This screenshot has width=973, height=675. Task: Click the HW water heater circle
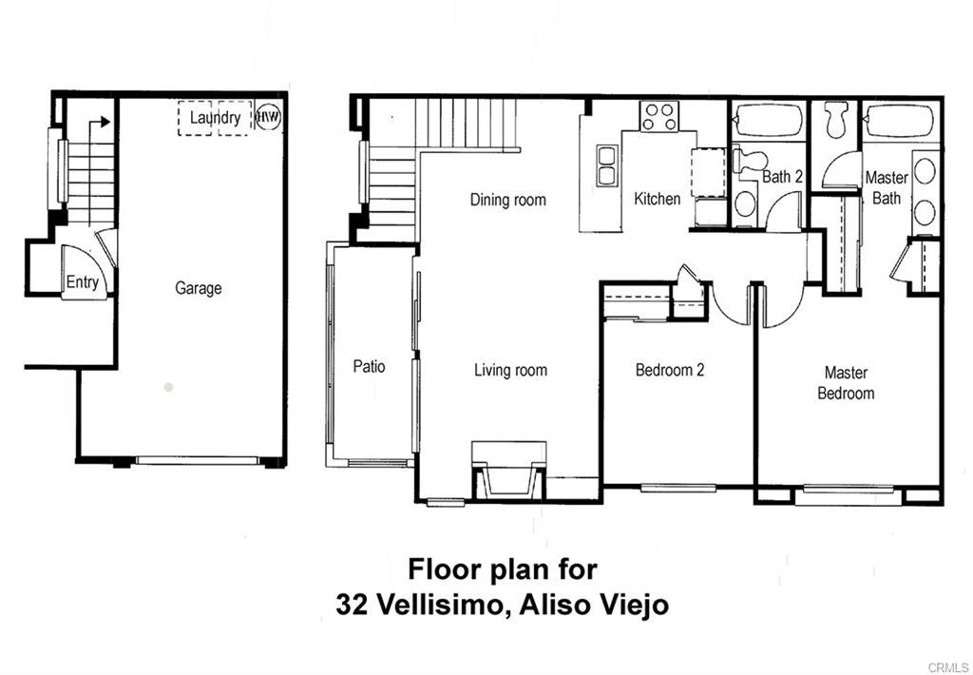point(269,118)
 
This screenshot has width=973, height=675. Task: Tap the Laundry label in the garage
point(215,118)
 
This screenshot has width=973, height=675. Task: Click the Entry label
point(82,282)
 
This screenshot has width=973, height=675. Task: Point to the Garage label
point(198,288)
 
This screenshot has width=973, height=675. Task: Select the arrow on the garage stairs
point(100,123)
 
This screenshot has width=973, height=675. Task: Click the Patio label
point(369,366)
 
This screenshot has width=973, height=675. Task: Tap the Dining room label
point(508,200)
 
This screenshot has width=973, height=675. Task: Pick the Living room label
point(510,370)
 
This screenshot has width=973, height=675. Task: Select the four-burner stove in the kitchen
point(658,117)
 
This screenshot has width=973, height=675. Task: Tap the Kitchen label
point(658,199)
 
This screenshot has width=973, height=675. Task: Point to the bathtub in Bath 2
point(769,121)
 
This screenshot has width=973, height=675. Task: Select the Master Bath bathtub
point(900,121)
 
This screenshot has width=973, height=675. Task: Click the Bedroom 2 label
point(670,370)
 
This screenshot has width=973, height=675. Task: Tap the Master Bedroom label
point(846,382)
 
